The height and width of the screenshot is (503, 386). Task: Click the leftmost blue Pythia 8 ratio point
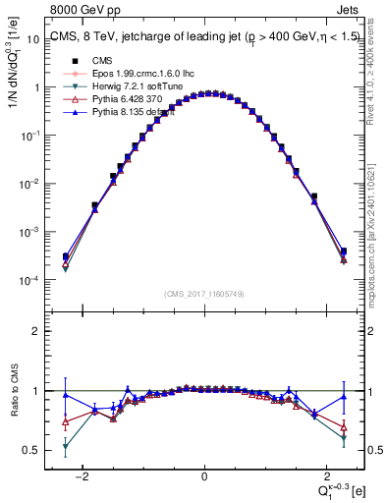pyautogui.click(x=66, y=395)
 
